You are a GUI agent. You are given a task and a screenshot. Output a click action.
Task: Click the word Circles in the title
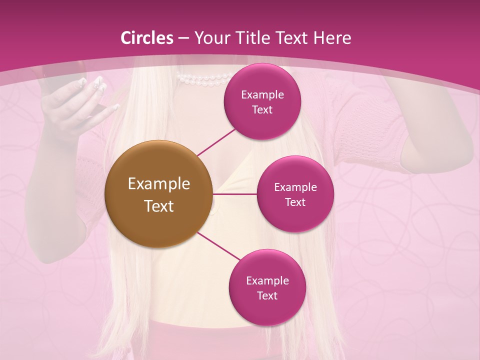(x=147, y=38)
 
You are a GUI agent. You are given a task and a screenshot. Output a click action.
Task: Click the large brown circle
(x=158, y=194)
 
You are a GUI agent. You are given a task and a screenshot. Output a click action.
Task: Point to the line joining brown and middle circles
(x=235, y=194)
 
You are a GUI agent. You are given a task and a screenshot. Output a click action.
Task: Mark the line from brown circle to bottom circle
(x=218, y=247)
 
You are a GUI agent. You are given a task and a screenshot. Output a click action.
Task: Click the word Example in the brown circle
(x=158, y=184)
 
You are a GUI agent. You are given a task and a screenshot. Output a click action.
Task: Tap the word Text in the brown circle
(x=158, y=206)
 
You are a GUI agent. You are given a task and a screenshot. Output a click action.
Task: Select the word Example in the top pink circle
(x=262, y=95)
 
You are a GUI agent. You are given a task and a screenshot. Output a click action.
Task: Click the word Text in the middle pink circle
(x=295, y=202)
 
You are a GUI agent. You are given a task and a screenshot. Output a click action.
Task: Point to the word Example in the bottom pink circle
(x=267, y=280)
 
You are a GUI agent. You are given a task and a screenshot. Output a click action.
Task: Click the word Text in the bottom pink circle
(x=267, y=295)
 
